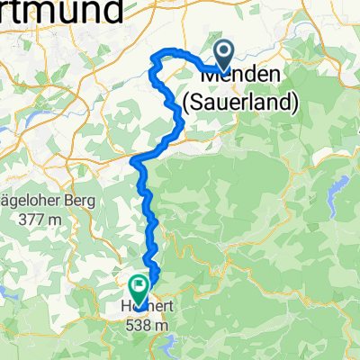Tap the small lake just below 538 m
coord(167,339)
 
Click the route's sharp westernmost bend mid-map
coord(134,162)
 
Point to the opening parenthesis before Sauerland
coord(186,103)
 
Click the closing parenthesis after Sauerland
coord(295,103)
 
